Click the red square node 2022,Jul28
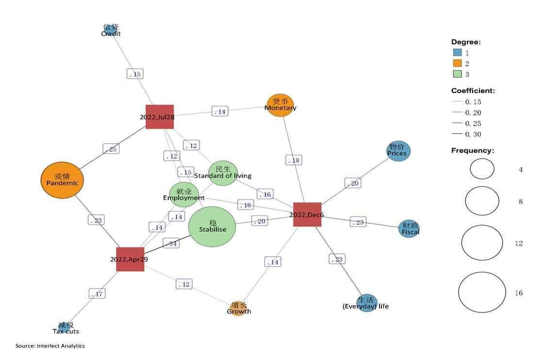(160, 116)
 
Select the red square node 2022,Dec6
(307, 214)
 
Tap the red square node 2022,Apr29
(130, 259)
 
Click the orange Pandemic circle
(62, 180)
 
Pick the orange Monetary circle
(280, 105)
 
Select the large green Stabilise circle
(212, 227)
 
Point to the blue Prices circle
(399, 151)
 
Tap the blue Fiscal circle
(409, 229)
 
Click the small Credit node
(111, 30)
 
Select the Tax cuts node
(65, 327)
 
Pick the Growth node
(239, 308)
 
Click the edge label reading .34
(171, 244)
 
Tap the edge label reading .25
(111, 149)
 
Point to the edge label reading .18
(294, 160)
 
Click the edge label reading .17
(97, 294)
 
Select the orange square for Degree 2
(457, 64)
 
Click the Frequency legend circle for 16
(482, 293)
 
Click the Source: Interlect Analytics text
(50, 346)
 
